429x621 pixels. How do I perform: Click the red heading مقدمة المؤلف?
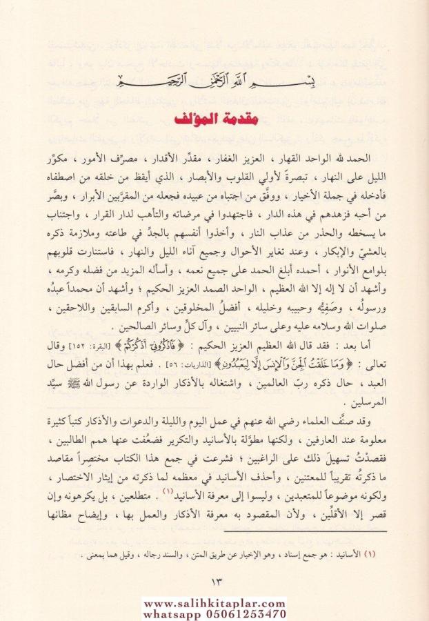pos(214,120)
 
